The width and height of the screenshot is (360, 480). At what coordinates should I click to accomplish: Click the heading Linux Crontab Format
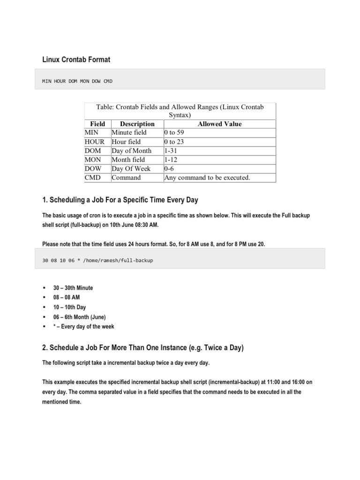pos(76,60)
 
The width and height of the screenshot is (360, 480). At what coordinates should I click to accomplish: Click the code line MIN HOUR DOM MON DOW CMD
pos(77,81)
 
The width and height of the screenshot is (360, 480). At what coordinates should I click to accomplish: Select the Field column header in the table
pos(97,124)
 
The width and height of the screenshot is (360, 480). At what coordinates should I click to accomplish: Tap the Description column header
pos(137,124)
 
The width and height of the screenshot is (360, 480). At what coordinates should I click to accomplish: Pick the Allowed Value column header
pos(219,124)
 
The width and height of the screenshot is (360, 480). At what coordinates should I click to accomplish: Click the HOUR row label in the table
pos(95,142)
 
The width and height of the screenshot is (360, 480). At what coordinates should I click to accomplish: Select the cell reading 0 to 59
pos(174,133)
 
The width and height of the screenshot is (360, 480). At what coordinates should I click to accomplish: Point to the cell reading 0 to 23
pos(174,142)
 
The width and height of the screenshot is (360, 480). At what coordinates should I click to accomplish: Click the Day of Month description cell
pos(132,150)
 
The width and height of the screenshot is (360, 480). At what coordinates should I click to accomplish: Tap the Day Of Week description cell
pos(131,168)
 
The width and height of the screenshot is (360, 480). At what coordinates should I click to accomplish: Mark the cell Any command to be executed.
pos(207,178)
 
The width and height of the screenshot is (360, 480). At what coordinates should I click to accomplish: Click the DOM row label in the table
pos(93,150)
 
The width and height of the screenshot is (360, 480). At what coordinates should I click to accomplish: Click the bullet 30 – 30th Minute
pos(73,288)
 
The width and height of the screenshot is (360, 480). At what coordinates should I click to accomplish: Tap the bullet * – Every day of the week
pos(83,326)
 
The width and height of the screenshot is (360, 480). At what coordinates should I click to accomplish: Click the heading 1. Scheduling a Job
pos(120,200)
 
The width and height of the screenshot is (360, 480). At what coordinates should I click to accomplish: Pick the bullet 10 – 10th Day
pos(69,307)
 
